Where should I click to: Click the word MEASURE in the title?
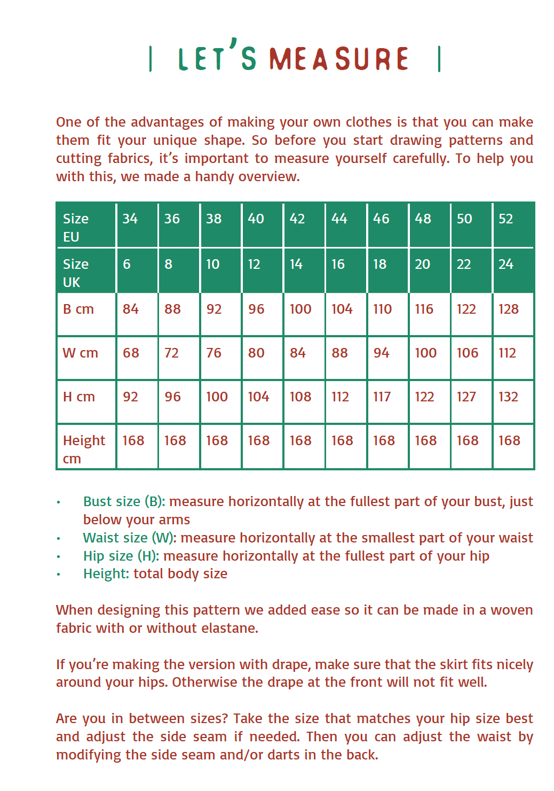[339, 59]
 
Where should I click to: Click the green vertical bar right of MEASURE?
[439, 59]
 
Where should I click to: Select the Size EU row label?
[76, 227]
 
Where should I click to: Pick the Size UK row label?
[76, 273]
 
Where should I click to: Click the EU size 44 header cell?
[339, 219]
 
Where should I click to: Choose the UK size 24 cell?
[505, 264]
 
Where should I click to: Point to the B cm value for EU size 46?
[382, 309]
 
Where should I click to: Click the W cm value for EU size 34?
[131, 353]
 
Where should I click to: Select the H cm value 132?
[508, 397]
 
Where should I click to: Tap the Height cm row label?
[84, 449]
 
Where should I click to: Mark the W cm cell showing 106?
[467, 353]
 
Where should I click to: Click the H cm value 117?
[382, 397]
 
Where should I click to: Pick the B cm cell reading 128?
[508, 309]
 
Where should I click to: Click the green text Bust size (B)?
[124, 501]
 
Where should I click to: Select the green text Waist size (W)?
[130, 538]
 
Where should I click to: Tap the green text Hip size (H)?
[121, 556]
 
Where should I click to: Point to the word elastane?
[229, 628]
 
